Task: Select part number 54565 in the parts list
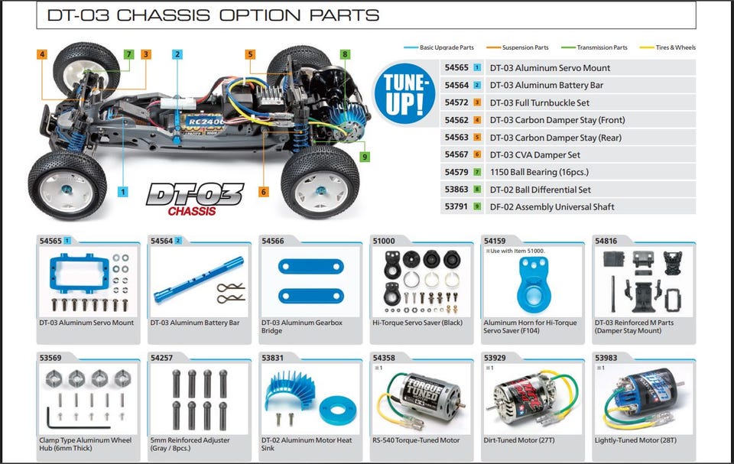(x=456, y=68)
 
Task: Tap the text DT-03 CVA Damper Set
(x=535, y=155)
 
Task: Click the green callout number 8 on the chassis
(x=346, y=54)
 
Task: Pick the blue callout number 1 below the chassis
(x=123, y=192)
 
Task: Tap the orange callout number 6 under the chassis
(x=264, y=192)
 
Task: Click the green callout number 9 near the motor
(x=365, y=157)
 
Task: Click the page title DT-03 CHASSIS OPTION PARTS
(x=213, y=15)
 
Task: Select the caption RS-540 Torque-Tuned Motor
(x=416, y=440)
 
